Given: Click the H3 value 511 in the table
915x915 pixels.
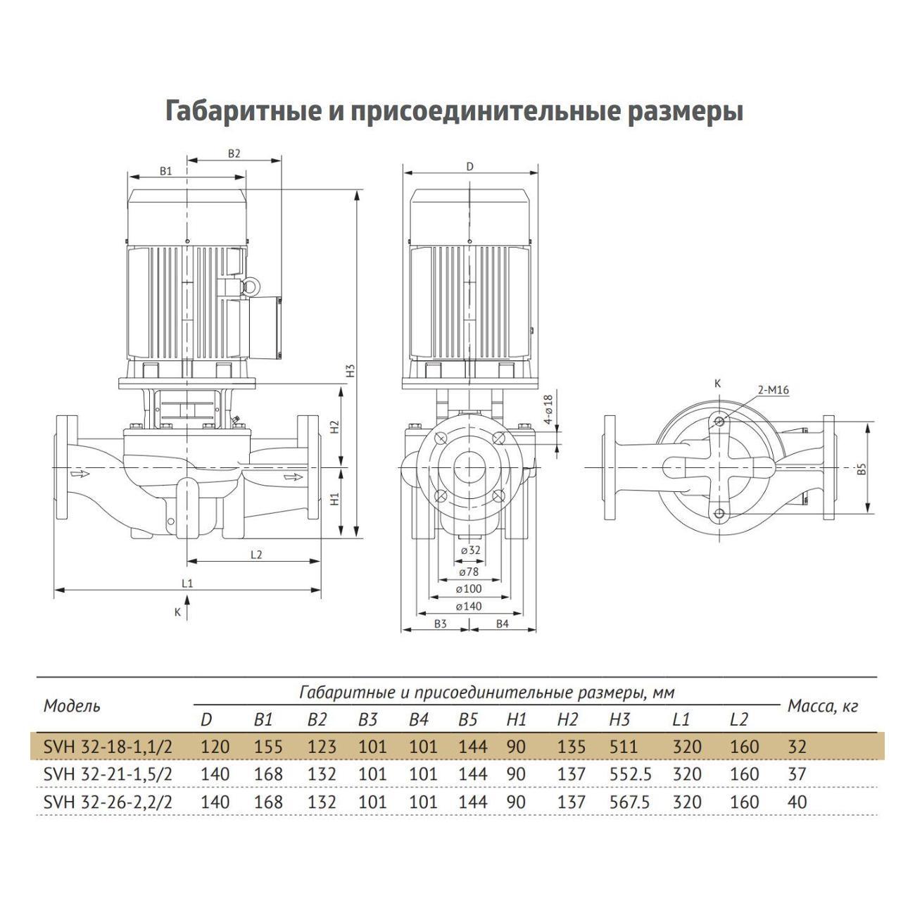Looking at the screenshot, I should click(624, 747).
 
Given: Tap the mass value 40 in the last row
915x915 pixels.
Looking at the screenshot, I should click(797, 802).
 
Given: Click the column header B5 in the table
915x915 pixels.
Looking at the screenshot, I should click(468, 720).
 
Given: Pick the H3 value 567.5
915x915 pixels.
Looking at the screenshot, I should click(630, 802).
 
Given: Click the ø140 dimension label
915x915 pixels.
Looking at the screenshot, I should click(469, 606).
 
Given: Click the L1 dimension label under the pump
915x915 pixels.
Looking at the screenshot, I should click(187, 583).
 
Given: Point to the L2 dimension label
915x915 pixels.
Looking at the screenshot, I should click(256, 555).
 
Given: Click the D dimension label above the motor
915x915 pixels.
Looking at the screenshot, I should click(470, 167).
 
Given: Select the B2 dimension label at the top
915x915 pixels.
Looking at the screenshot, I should click(234, 153).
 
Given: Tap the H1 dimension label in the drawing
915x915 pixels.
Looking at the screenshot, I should click(335, 499).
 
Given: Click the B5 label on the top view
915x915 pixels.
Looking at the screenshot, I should click(862, 469).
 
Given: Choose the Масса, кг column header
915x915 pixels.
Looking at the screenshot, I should click(822, 706).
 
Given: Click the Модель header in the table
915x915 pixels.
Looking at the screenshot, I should click(72, 706).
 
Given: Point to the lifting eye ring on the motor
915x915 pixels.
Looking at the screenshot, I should click(249, 285).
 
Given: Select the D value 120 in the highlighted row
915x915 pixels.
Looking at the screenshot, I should click(215, 747).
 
